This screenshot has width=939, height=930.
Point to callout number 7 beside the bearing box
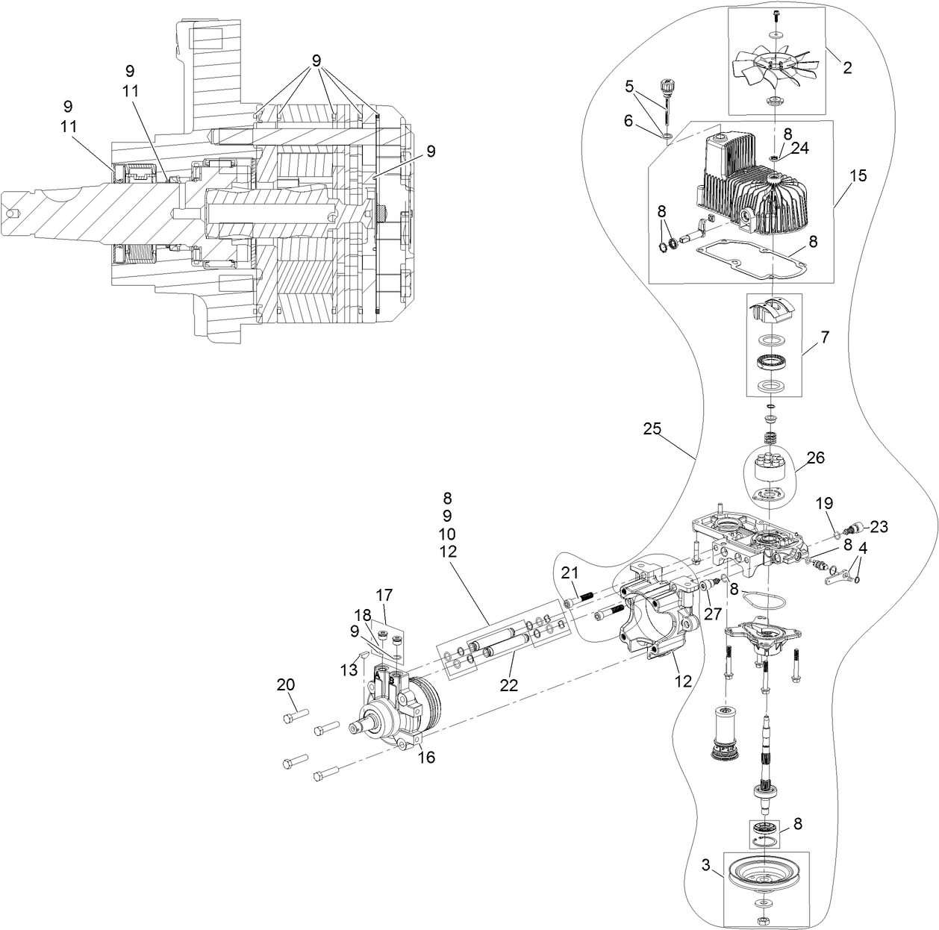point(824,337)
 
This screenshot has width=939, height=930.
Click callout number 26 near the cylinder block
point(815,458)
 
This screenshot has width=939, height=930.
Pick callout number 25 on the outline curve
point(653,429)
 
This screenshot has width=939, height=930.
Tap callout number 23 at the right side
point(879,527)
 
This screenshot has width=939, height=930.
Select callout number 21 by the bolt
point(570,572)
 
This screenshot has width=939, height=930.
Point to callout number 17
point(384,596)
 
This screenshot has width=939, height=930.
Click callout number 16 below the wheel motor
point(425,758)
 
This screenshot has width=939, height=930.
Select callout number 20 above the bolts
point(286,684)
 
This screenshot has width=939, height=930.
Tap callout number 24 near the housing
point(799,148)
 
